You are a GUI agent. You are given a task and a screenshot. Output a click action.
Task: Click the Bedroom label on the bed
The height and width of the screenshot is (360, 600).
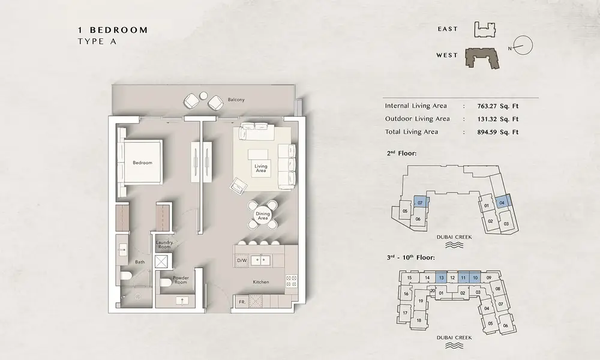[x=142, y=163]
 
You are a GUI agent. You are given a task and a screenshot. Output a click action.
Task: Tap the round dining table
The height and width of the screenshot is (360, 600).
[x=263, y=215]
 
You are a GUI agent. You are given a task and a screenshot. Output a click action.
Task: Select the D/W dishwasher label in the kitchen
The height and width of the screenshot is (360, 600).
[x=242, y=261]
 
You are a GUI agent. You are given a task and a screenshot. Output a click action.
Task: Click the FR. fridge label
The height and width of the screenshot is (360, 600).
[x=242, y=302]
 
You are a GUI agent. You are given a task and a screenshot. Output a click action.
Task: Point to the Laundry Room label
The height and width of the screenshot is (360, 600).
[x=164, y=244]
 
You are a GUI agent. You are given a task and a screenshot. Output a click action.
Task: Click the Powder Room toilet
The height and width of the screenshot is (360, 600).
[x=166, y=283]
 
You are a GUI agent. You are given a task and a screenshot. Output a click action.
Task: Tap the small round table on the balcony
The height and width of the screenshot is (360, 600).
[x=203, y=95]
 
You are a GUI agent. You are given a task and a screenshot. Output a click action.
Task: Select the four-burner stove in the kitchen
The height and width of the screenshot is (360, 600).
[x=291, y=281]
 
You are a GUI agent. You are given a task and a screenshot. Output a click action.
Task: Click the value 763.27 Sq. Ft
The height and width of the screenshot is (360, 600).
[x=498, y=106]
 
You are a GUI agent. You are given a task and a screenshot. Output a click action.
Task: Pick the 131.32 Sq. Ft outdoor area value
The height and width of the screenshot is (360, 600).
[x=498, y=119]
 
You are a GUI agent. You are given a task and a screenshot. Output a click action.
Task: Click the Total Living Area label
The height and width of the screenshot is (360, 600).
[x=412, y=131]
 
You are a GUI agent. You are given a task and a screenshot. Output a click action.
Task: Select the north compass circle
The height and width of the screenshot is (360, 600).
[x=523, y=45]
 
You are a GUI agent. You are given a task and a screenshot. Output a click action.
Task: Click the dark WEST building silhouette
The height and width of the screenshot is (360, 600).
[x=482, y=58]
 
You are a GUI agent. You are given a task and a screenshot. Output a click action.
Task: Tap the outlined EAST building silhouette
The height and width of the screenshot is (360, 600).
[x=485, y=29]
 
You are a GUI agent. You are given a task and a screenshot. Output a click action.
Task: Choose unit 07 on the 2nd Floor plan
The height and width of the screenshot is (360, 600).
[x=421, y=203]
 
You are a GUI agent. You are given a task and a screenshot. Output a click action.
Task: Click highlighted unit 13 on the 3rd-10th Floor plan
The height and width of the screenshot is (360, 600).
[x=441, y=278]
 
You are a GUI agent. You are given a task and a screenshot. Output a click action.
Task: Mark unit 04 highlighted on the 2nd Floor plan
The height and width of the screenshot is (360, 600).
[x=502, y=203]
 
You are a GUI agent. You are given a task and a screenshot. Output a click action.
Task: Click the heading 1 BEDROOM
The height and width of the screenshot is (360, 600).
[x=113, y=30]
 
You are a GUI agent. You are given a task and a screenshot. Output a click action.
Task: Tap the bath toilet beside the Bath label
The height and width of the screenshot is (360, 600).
[x=126, y=275]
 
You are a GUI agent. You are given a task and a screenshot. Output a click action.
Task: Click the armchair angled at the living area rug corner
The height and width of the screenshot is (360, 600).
[x=239, y=186]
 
